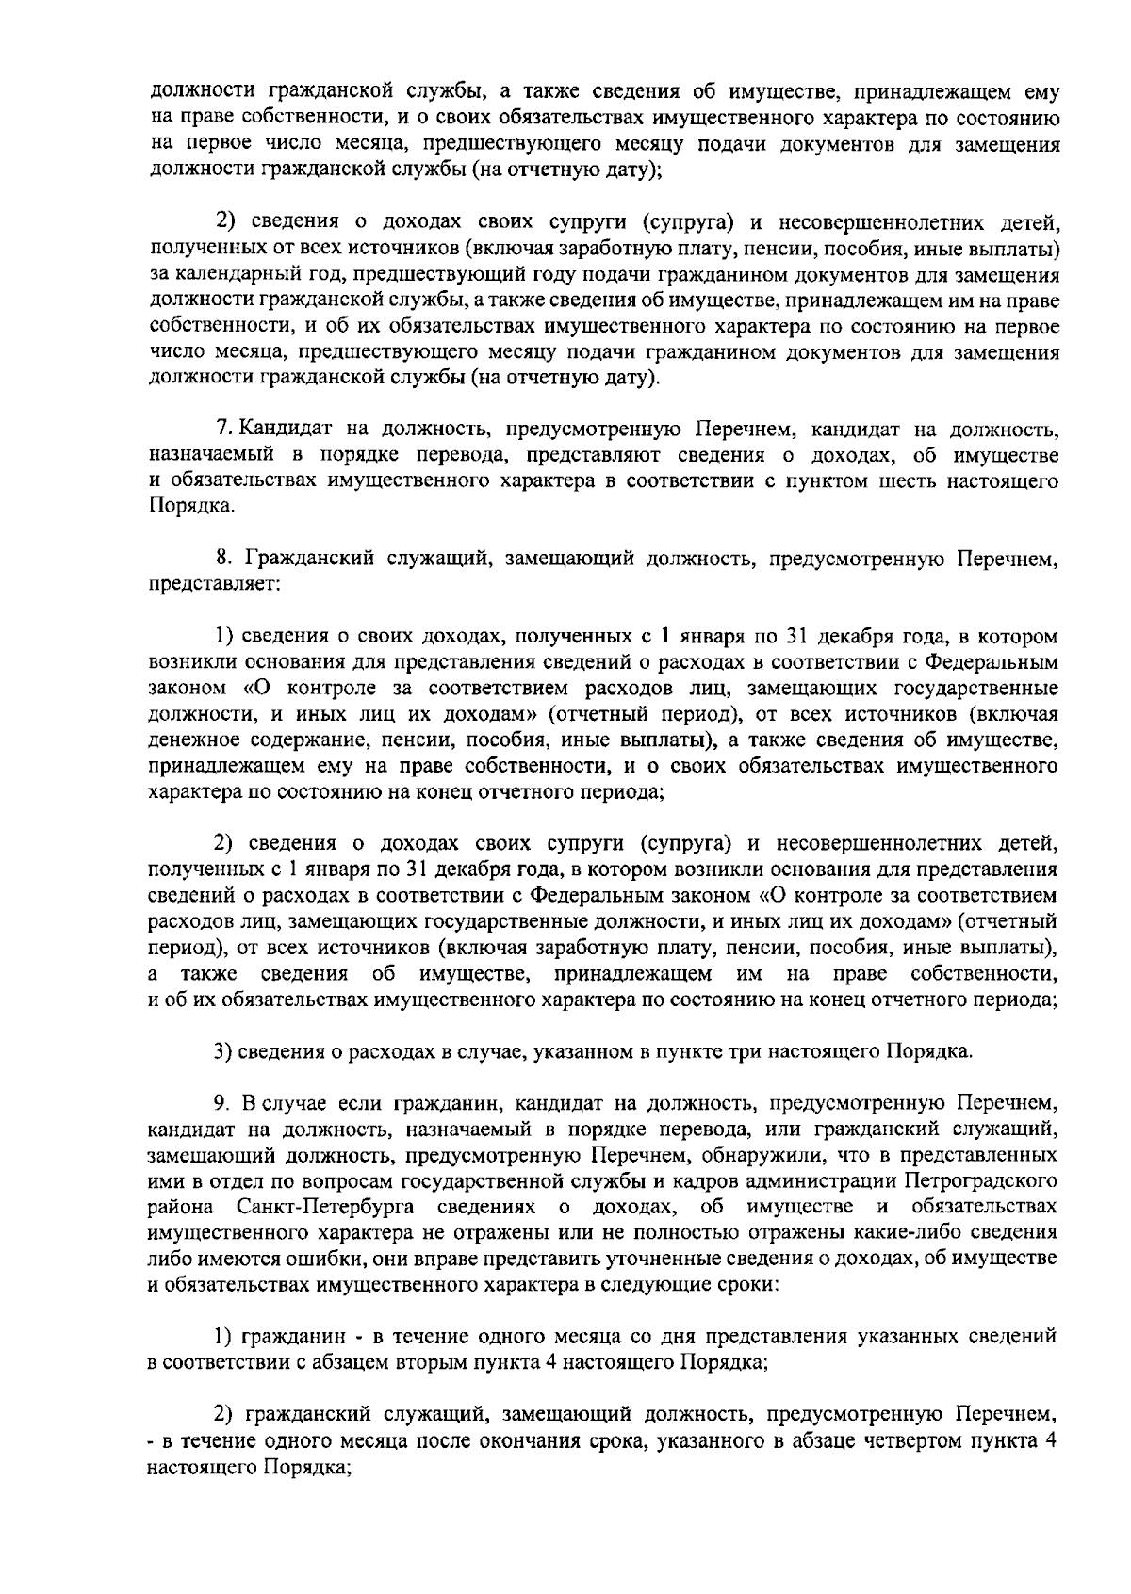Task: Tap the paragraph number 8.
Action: [x=223, y=561]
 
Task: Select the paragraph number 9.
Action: [x=223, y=1101]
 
